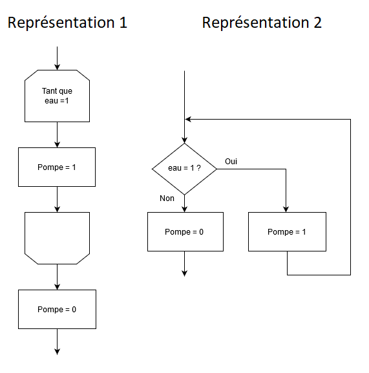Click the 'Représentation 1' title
(x=67, y=23)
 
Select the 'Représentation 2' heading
(x=262, y=23)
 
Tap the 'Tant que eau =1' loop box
(x=57, y=96)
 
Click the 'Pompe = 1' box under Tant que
(x=57, y=167)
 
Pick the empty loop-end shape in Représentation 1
(x=57, y=238)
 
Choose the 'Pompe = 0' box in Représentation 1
(x=57, y=309)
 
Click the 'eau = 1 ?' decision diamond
(x=184, y=169)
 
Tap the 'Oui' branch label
(x=231, y=161)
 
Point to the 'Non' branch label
(x=167, y=198)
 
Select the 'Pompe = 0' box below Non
(x=185, y=231)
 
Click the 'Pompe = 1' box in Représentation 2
(x=287, y=231)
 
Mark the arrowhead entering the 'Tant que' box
(x=57, y=67)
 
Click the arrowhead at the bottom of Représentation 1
(x=57, y=352)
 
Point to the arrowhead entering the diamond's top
(x=185, y=140)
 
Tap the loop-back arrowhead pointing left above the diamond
(x=188, y=119)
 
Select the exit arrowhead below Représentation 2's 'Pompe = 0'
(x=185, y=273)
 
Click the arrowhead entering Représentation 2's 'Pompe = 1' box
(x=286, y=209)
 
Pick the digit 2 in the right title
(x=317, y=23)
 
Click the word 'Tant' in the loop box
(x=48, y=91)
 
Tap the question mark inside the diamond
(x=198, y=168)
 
